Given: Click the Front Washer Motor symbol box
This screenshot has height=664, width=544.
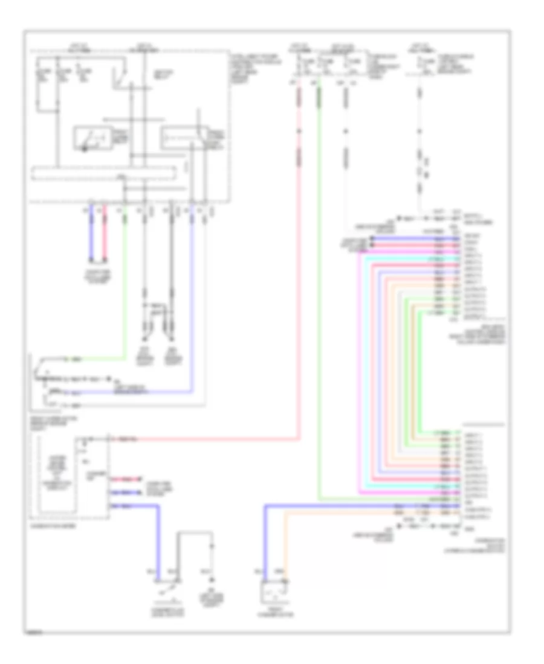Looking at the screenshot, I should [x=273, y=592].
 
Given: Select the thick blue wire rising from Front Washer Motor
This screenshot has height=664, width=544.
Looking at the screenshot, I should [x=265, y=543].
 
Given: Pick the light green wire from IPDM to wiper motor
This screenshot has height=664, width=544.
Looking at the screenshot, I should [x=125, y=290].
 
